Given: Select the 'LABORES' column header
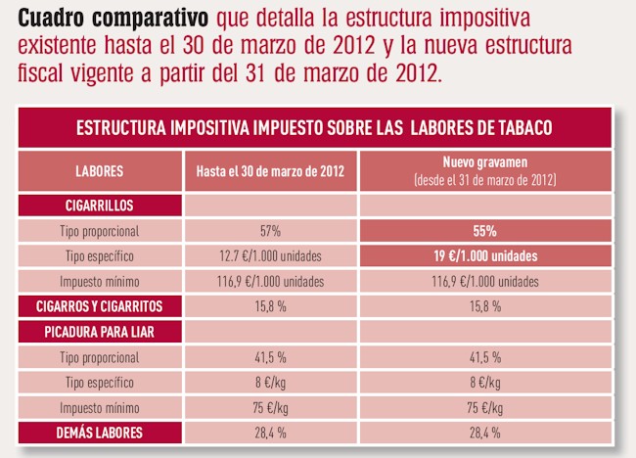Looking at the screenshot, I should [99, 171].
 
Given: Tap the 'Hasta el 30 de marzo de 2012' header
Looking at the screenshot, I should [270, 171].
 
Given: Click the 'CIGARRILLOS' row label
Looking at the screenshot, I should [99, 206].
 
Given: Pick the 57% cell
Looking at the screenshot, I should [270, 232].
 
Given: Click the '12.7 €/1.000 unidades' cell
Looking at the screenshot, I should [270, 257].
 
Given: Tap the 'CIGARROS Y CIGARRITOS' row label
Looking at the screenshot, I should [99, 306].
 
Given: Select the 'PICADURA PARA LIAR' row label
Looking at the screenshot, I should [99, 332].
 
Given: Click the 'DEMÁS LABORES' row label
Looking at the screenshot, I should [99, 432].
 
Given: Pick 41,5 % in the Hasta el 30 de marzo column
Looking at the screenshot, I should [270, 357].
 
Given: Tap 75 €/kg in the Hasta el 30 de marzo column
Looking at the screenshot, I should [270, 407].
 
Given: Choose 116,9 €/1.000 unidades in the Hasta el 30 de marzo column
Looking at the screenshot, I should [270, 282].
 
